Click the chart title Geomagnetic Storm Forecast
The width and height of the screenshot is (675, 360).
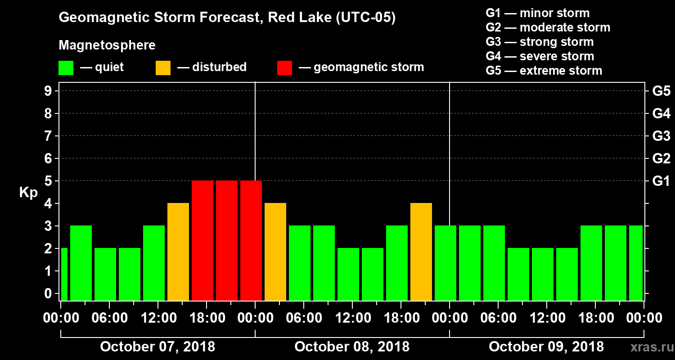[227, 18]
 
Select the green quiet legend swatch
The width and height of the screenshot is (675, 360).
[66, 67]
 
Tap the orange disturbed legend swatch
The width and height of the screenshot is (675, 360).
[163, 67]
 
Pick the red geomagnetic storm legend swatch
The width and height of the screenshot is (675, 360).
[284, 67]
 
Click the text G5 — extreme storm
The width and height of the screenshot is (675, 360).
[544, 71]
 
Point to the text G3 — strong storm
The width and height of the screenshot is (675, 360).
[540, 42]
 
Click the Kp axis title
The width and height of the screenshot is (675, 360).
[28, 193]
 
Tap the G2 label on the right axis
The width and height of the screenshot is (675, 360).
[661, 159]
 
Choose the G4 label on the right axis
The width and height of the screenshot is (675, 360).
[661, 114]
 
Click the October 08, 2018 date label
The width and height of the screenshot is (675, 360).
[352, 347]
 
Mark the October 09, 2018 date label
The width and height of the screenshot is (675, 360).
[546, 347]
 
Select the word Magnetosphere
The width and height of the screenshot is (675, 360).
[107, 45]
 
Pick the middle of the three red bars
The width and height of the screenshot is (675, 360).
[227, 241]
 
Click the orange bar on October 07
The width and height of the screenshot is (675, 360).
[178, 252]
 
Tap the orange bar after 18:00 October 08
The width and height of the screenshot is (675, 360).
[421, 252]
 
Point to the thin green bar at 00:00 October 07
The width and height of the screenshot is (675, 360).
[64, 274]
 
